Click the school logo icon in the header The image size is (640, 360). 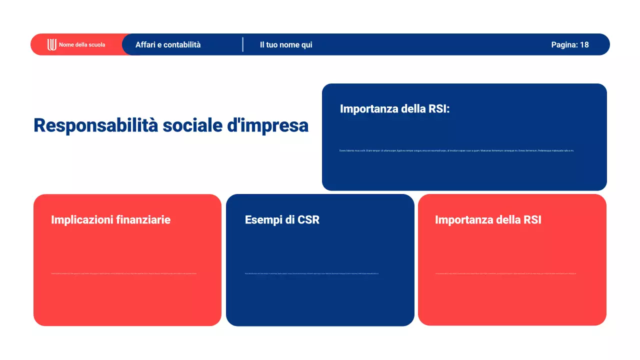(52, 44)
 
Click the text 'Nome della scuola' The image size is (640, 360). (82, 44)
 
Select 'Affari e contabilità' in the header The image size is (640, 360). (168, 44)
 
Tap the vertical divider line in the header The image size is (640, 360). (243, 44)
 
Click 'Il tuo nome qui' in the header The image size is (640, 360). (286, 44)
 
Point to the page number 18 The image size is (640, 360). (584, 44)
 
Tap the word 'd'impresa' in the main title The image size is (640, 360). (267, 125)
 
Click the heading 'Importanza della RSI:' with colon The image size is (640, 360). (395, 108)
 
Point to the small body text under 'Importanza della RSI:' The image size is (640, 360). (456, 150)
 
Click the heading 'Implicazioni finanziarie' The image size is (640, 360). (110, 219)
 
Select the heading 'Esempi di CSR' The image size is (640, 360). (282, 219)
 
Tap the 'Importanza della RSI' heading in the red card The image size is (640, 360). (488, 219)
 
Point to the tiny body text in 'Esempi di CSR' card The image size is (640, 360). (311, 273)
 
